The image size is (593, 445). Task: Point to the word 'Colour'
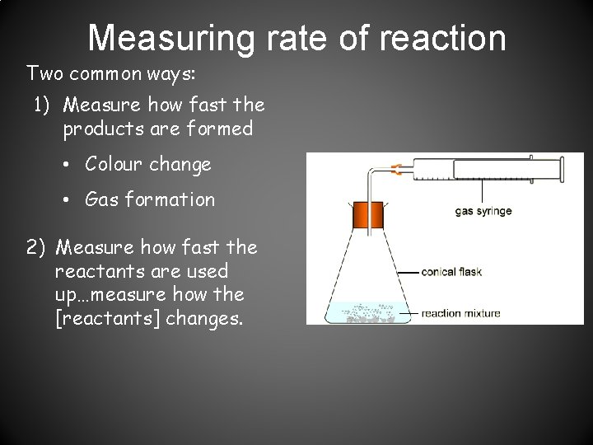tap(111, 165)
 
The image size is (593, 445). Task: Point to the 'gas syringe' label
tap(483, 211)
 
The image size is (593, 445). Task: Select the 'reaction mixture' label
tap(460, 313)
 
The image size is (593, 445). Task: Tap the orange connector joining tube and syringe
tap(395, 171)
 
